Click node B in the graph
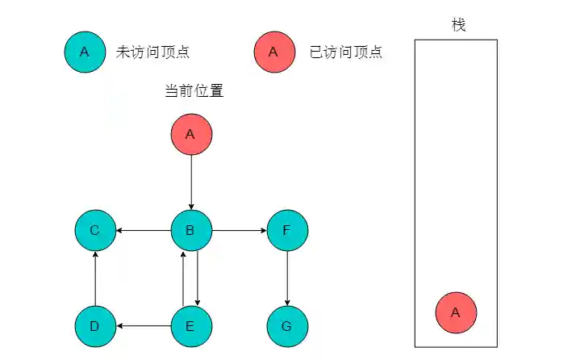pos(191,231)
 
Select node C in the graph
pos(95,231)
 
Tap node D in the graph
pos(95,326)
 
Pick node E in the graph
pos(191,326)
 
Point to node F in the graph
pos(287,231)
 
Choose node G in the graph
pos(287,326)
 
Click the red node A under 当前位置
pos(191,134)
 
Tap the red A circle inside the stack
pos(456,312)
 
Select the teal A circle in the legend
pos(85,52)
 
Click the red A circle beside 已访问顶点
pos(273,52)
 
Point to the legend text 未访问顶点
pos(153,52)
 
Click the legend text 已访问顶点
pos(346,52)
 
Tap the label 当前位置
pos(194,91)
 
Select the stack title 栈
pos(458,25)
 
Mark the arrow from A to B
pos(191,182)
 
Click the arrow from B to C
pos(144,231)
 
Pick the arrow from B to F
pos(239,231)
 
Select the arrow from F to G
pos(287,278)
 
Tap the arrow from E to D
pos(144,326)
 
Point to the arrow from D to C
pos(95,278)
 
